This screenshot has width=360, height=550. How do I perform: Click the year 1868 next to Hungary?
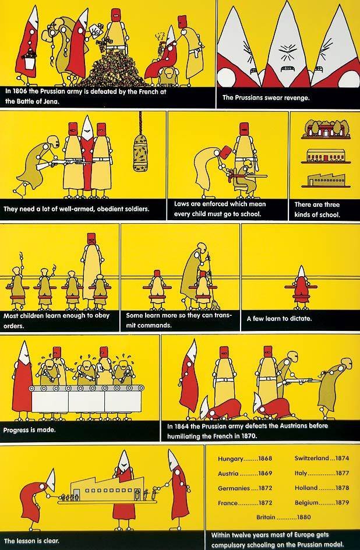tap(265, 459)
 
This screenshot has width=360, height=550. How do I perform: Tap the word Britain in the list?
tap(266, 517)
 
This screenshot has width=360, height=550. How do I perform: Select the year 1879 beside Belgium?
tap(342, 503)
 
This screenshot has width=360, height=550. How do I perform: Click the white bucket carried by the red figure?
tap(30, 62)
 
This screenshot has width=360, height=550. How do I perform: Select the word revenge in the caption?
tap(297, 97)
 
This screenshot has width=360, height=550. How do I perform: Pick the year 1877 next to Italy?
tap(342, 473)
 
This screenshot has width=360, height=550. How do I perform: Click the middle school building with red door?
tap(326, 156)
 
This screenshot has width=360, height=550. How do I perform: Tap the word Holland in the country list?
tap(306, 488)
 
